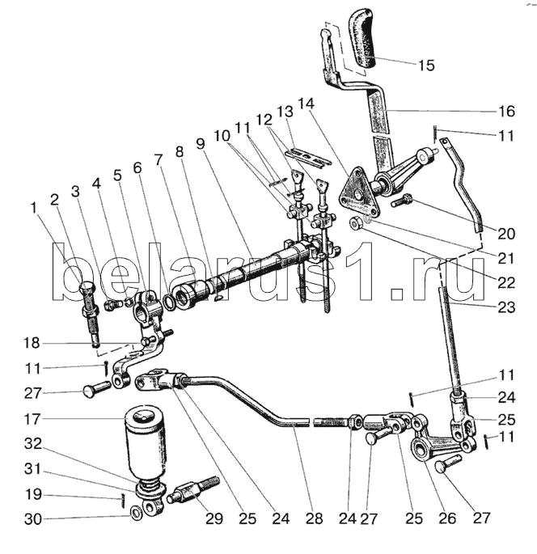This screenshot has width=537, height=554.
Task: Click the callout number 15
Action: tap(426, 66)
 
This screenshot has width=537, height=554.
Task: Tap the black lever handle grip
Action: tap(364, 39)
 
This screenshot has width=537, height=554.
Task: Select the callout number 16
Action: tap(506, 112)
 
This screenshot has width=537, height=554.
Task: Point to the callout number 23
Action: tap(506, 307)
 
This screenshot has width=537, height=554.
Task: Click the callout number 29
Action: tap(214, 518)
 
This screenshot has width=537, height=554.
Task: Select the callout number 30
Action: tap(33, 519)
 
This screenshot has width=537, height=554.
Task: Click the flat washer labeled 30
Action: tap(136, 513)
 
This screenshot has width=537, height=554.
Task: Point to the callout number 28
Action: tap(314, 518)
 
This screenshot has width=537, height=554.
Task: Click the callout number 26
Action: tap(447, 518)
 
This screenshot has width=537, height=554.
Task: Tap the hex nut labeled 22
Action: tap(355, 223)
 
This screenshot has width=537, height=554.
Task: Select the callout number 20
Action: tap(506, 234)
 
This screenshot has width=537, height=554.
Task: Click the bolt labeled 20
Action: tap(402, 200)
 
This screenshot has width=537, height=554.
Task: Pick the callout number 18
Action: tap(32, 343)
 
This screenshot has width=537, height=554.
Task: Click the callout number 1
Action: tap(34, 208)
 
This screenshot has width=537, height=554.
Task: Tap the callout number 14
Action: tap(306, 104)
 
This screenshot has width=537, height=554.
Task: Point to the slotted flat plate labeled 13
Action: tap(308, 157)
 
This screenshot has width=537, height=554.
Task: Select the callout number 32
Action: tap(33, 444)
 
